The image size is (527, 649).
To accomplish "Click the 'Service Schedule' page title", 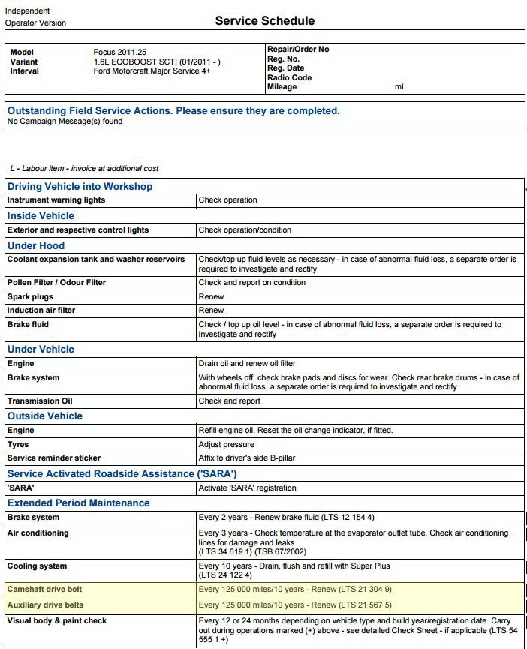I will (x=264, y=20).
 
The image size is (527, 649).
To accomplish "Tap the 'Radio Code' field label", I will (x=289, y=77).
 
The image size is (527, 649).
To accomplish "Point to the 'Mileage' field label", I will (x=282, y=87).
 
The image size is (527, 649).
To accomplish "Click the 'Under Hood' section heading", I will (x=36, y=245).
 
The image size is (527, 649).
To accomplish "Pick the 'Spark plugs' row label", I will (x=30, y=296).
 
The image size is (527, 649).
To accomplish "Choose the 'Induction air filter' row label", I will (x=41, y=310).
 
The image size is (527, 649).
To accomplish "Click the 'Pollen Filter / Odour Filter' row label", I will (x=56, y=283).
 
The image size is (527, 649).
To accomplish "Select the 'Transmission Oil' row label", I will (x=40, y=401).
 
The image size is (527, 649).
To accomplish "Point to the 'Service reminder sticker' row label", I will (x=53, y=458).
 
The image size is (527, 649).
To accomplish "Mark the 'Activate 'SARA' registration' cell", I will (x=247, y=488).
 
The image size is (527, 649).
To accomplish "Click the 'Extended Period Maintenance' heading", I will (x=78, y=503).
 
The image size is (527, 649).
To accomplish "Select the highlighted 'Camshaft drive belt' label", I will (x=45, y=590).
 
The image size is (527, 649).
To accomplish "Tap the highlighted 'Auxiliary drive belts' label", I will (x=45, y=605).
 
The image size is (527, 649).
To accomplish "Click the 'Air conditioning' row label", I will (x=38, y=533).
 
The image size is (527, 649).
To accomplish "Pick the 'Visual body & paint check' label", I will (x=57, y=620).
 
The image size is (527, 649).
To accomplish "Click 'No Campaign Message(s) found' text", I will (x=65, y=121).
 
